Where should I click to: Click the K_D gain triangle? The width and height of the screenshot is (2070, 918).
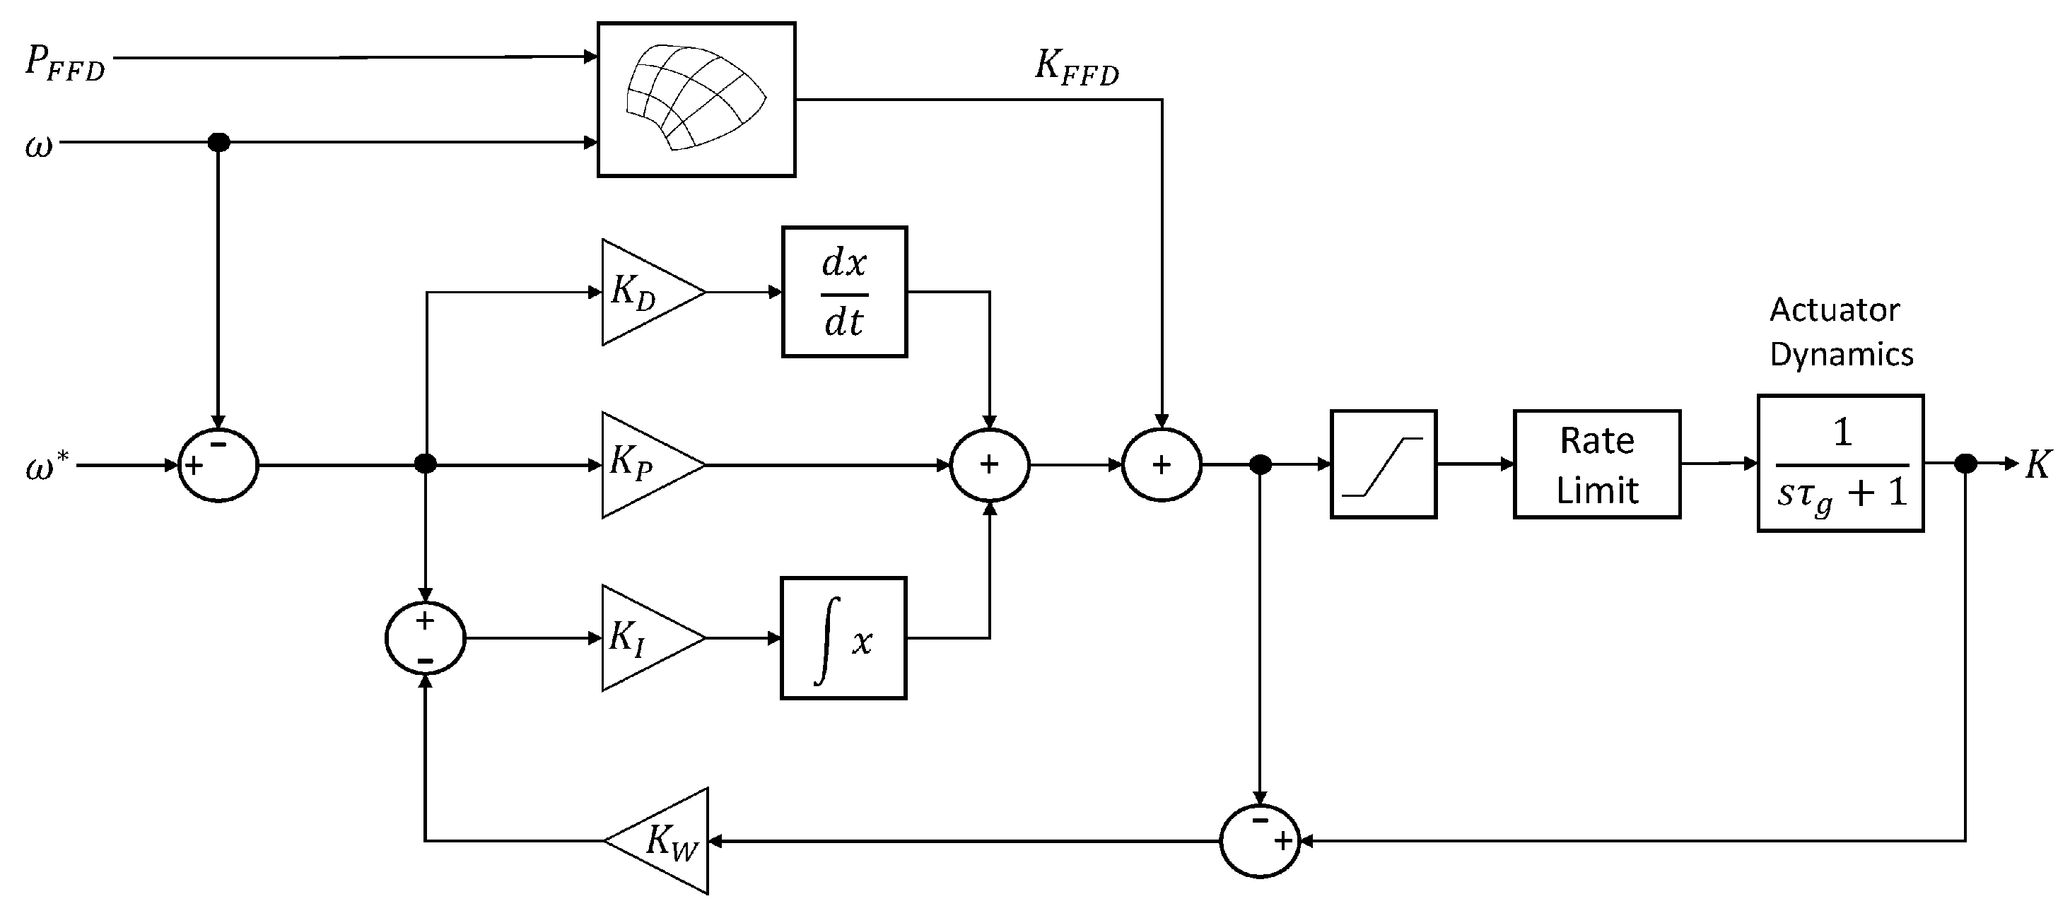pyautogui.click(x=647, y=293)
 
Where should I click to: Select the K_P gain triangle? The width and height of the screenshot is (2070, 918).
pyautogui.click(x=647, y=465)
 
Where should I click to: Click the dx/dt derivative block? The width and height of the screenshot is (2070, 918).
pyautogui.click(x=845, y=293)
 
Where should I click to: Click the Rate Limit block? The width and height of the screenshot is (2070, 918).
pyautogui.click(x=1597, y=465)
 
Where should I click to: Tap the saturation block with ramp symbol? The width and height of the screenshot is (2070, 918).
pyautogui.click(x=1383, y=465)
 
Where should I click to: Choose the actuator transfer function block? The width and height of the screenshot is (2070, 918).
pyautogui.click(x=1840, y=464)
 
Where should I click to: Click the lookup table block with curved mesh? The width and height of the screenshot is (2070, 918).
pyautogui.click(x=696, y=100)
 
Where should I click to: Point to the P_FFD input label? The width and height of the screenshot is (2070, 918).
pyautogui.click(x=64, y=63)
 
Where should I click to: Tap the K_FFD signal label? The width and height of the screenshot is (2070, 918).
pyautogui.click(x=1076, y=66)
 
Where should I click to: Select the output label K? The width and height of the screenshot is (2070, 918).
pyautogui.click(x=2038, y=464)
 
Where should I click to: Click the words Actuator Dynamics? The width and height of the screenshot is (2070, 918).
pyautogui.click(x=1840, y=331)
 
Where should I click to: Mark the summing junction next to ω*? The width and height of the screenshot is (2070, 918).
pyautogui.click(x=218, y=465)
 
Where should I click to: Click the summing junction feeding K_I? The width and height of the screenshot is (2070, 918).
pyautogui.click(x=425, y=639)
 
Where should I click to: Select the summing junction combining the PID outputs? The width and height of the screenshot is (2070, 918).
pyautogui.click(x=989, y=465)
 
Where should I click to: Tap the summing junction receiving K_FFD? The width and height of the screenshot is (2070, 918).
pyautogui.click(x=1161, y=465)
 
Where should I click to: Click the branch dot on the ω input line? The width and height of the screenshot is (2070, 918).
pyautogui.click(x=218, y=143)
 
